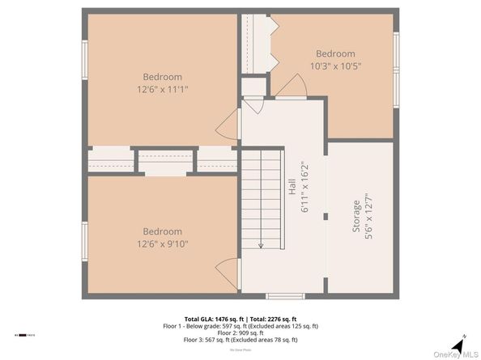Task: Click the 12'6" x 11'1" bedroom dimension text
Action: pyautogui.click(x=163, y=90)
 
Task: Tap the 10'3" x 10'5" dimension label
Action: pyautogui.click(x=335, y=66)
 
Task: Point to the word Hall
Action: pyautogui.click(x=291, y=187)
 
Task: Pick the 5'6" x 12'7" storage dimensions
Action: pyautogui.click(x=369, y=219)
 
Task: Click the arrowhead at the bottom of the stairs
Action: pyautogui.click(x=261, y=244)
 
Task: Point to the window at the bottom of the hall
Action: pyautogui.click(x=285, y=296)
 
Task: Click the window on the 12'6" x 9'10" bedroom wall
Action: pyautogui.click(x=83, y=240)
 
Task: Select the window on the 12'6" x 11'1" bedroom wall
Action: pyautogui.click(x=83, y=61)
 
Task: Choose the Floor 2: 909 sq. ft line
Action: pyautogui.click(x=240, y=332)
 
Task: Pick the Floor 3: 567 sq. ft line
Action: pyautogui.click(x=240, y=340)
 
